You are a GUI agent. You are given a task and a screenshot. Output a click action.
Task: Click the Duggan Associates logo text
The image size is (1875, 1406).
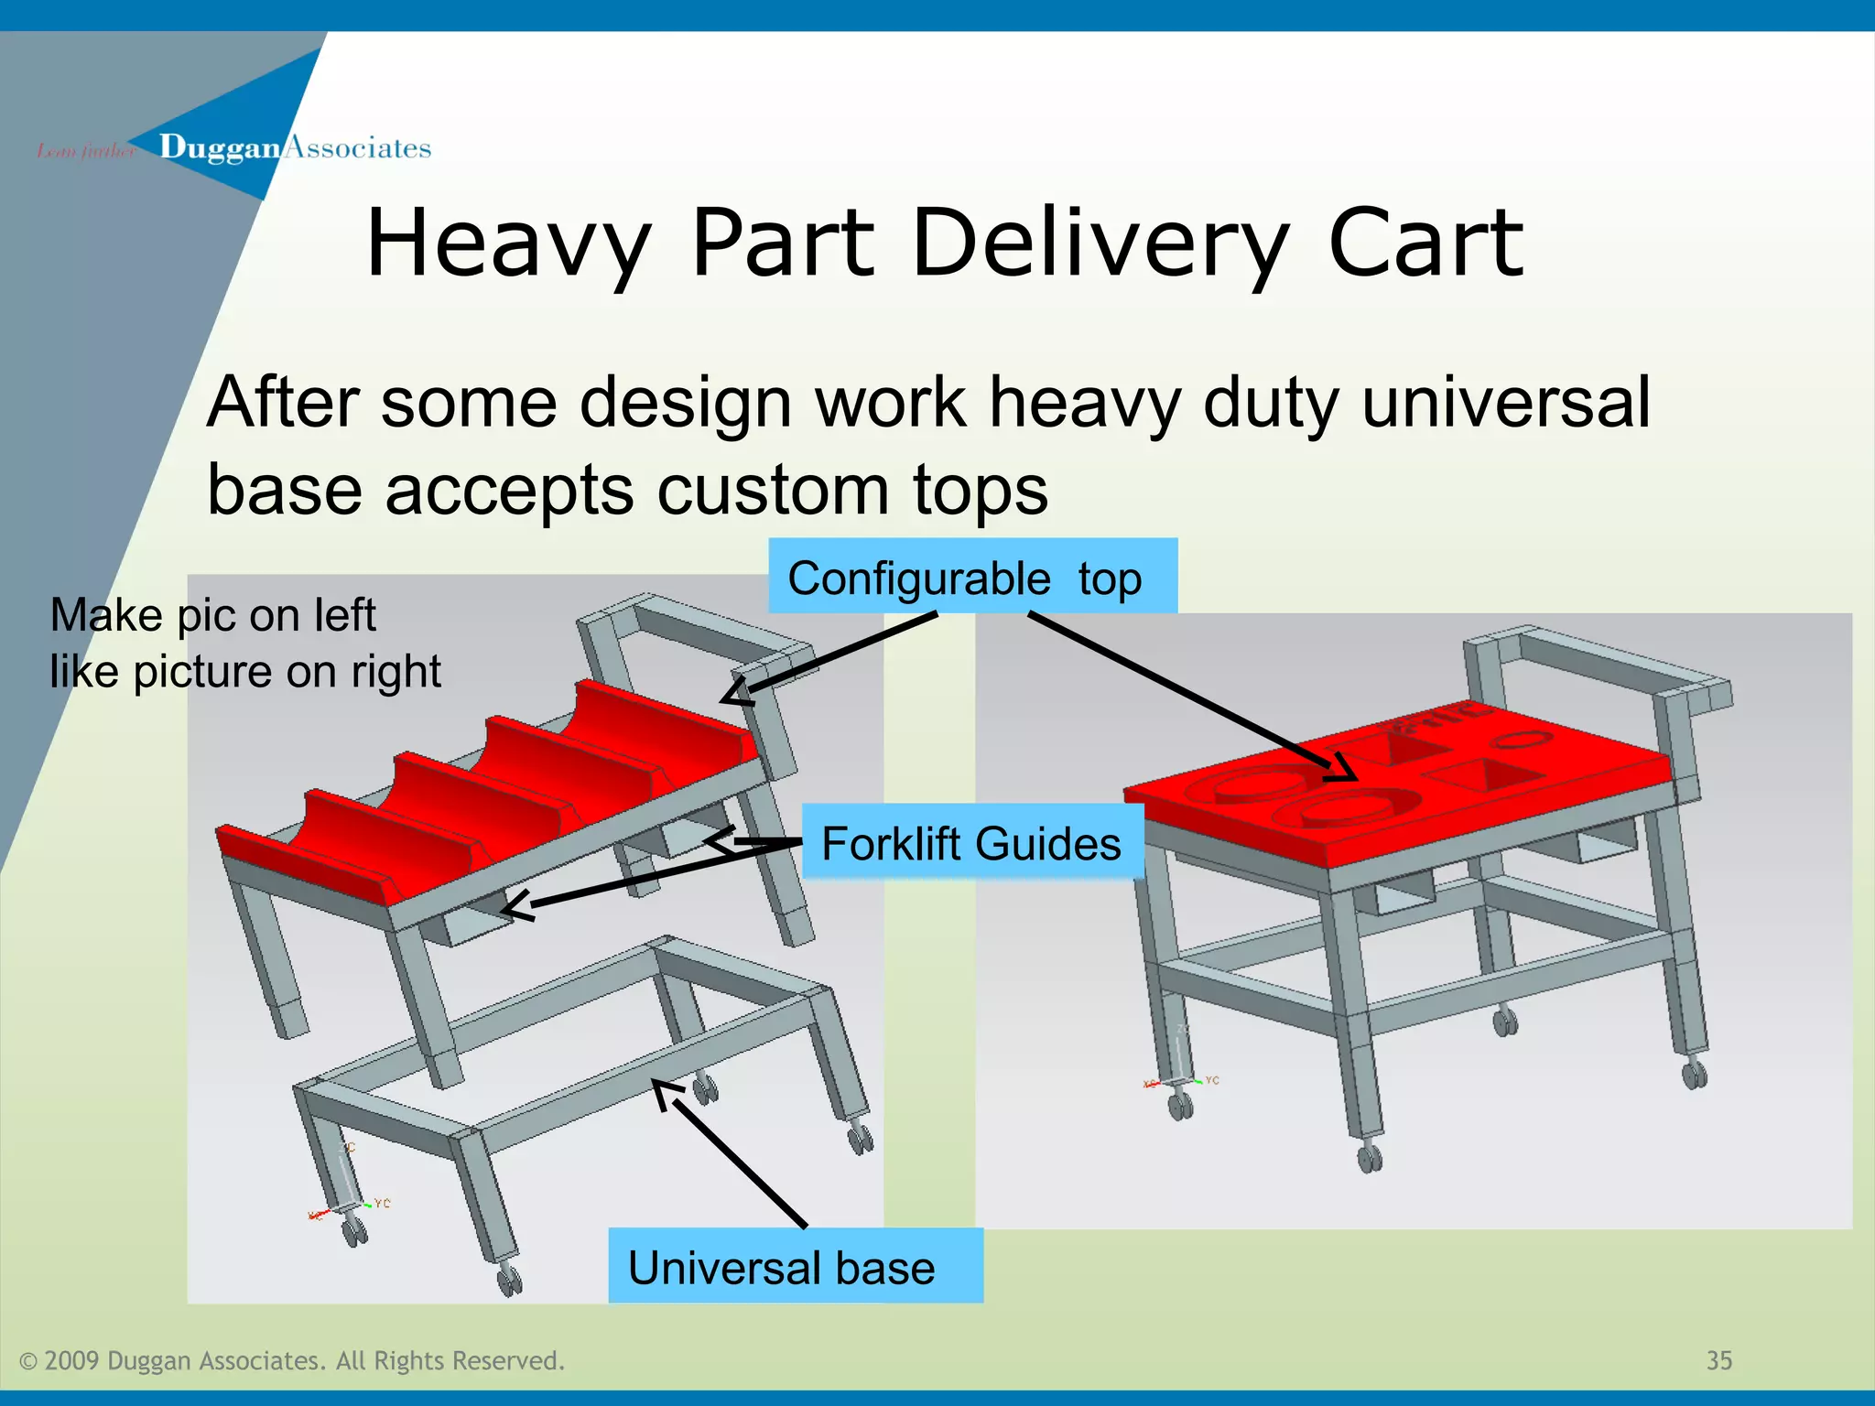(293, 147)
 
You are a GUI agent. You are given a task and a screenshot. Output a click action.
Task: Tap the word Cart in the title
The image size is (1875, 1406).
(1425, 243)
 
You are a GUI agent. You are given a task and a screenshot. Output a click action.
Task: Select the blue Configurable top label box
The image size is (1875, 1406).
(972, 577)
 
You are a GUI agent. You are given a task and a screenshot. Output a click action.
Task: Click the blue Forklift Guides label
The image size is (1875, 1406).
(971, 843)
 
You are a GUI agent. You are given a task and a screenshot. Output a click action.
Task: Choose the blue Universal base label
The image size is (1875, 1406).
(795, 1267)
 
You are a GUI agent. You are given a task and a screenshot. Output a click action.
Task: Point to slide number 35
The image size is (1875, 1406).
(1718, 1360)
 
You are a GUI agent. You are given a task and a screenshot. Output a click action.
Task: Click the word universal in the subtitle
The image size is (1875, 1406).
(1505, 403)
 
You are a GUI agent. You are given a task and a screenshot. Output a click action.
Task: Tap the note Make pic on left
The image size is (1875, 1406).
(212, 615)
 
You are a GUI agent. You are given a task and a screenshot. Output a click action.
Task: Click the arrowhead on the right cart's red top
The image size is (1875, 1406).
(1342, 769)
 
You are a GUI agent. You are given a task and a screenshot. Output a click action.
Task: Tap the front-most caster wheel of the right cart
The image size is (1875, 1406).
(1370, 1158)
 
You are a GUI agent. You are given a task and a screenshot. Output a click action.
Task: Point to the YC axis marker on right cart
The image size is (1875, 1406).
(1212, 1081)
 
